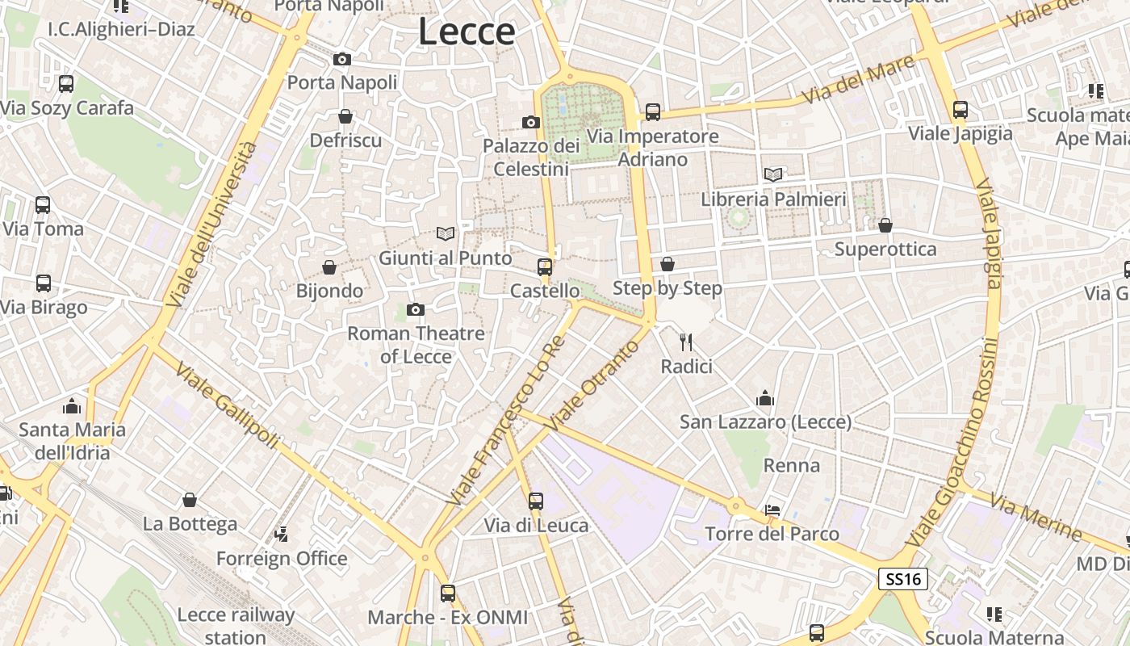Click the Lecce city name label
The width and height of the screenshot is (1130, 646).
pos(467,32)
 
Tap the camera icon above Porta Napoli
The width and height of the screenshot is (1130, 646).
pos(342,59)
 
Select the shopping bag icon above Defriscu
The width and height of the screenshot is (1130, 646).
pos(345,116)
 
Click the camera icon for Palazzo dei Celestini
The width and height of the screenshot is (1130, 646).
pos(530,122)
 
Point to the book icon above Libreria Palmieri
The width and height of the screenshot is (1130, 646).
pos(773,174)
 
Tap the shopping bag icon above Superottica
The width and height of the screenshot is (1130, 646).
pos(885,224)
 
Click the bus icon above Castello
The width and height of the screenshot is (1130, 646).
pos(545,266)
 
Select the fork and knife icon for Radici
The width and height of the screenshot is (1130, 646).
pos(686,342)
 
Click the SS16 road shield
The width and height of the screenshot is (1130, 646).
pos(903,578)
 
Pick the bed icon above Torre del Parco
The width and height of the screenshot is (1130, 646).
pos(772,510)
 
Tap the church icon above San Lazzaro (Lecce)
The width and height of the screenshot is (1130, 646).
pos(765,397)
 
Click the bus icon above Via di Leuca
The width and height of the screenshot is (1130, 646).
pos(536,501)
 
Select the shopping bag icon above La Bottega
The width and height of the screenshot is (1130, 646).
pos(190,500)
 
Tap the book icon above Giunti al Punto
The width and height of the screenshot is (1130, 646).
pos(446,233)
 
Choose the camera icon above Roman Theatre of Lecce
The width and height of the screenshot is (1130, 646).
pos(416,309)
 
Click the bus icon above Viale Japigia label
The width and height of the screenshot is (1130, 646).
pos(960,109)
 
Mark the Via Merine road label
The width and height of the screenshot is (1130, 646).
pos(1036,518)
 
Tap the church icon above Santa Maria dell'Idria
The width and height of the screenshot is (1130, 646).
pos(72,405)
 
